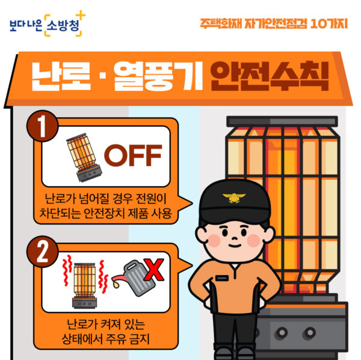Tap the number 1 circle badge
pyautogui.click(x=41, y=128)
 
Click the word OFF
pyautogui.click(x=133, y=155)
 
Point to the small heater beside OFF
pyautogui.click(x=82, y=157)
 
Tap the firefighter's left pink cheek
pyautogui.click(x=212, y=238)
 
